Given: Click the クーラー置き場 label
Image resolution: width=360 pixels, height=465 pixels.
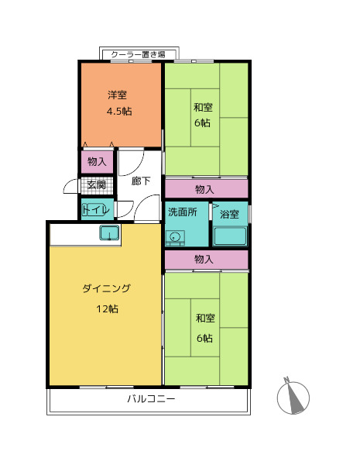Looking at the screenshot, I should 139,54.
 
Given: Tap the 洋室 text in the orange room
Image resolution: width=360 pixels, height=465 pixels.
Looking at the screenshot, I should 118,95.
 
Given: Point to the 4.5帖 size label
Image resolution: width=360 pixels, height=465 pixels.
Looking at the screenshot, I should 118,111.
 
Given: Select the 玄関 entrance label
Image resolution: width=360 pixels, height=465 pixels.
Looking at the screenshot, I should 97,184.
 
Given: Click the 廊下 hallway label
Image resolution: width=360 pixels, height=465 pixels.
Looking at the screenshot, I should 141,181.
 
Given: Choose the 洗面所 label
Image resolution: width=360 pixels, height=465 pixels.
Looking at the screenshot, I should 183,212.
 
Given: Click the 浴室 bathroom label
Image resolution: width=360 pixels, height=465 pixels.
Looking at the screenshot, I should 229,213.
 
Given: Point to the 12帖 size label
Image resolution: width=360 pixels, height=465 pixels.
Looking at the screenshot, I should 107,308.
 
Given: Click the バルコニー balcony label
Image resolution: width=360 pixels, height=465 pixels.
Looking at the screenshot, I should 151,399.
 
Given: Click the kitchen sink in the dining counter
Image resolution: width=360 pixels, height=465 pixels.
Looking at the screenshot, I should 109,233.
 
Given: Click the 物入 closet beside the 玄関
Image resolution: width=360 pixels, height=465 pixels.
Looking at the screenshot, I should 98,162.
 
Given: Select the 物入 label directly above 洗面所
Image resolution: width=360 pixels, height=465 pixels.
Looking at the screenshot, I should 205,189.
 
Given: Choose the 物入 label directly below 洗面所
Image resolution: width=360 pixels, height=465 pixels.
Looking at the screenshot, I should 205,260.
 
